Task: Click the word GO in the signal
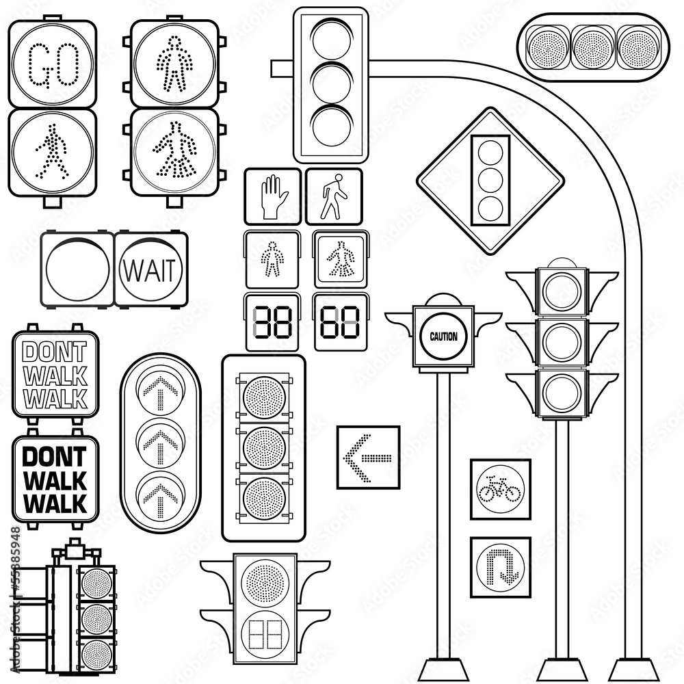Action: click(x=52, y=65)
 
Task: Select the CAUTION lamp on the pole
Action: click(x=443, y=336)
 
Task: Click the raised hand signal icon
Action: click(x=273, y=196)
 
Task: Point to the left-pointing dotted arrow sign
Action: click(x=368, y=457)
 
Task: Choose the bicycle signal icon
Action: click(x=500, y=489)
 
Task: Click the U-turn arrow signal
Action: click(x=500, y=566)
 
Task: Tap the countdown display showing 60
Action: click(x=341, y=322)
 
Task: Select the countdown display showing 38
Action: click(x=272, y=322)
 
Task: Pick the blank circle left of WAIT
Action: click(x=77, y=269)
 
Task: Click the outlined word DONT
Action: click(x=55, y=352)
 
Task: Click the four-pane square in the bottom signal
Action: click(x=264, y=635)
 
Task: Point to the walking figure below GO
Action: click(x=52, y=150)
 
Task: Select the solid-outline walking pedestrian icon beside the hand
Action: click(x=334, y=196)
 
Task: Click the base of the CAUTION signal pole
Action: click(x=443, y=670)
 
